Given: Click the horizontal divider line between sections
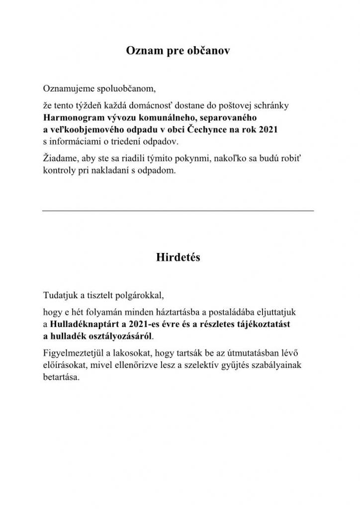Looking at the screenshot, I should [x=179, y=211].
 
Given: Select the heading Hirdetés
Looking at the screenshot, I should [x=178, y=258].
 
